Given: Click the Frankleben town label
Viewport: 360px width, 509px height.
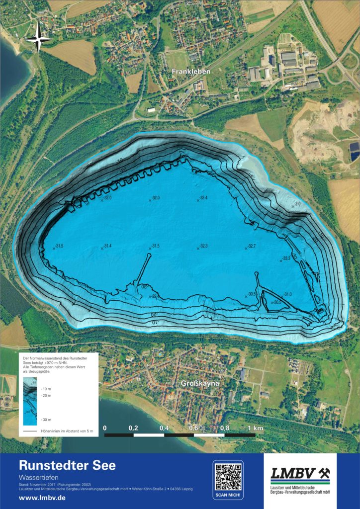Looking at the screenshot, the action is [x=191, y=72].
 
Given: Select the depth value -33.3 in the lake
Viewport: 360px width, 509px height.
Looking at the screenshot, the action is [x=286, y=258].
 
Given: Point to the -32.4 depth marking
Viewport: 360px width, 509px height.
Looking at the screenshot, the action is [x=203, y=198].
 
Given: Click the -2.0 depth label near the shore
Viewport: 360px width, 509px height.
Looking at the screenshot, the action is [x=297, y=204].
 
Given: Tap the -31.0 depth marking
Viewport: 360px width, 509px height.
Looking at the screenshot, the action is [x=287, y=295].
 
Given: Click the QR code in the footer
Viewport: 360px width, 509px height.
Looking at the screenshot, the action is [x=228, y=476].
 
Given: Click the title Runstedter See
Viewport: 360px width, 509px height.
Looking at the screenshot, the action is [x=67, y=466].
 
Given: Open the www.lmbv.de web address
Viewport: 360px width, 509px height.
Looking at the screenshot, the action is [x=42, y=498].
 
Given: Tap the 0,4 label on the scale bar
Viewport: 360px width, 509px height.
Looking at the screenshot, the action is [x=164, y=428].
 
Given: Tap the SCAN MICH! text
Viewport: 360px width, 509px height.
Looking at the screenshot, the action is [x=228, y=496].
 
